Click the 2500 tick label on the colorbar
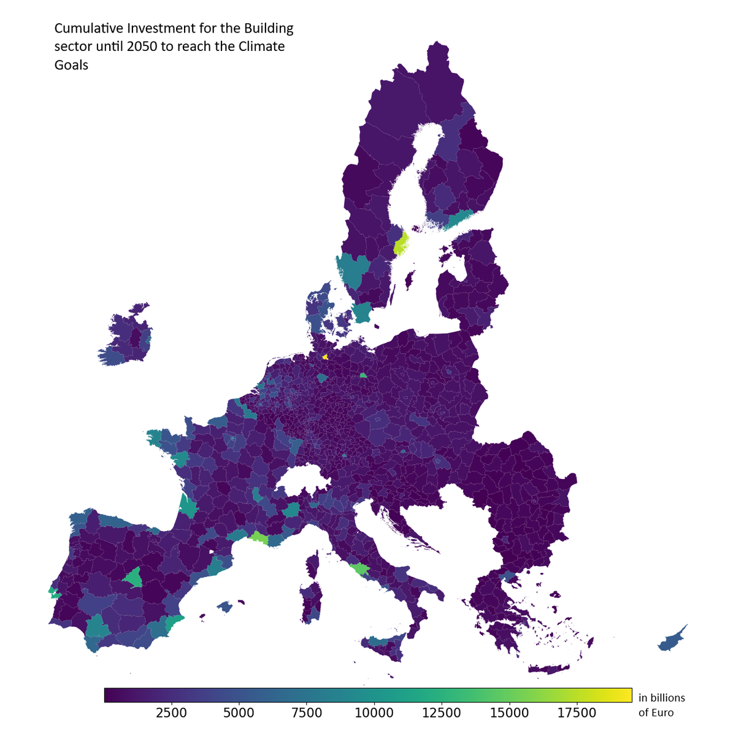click(172, 713)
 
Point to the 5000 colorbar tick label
click(239, 713)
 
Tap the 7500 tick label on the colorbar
click(307, 713)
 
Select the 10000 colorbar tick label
click(374, 713)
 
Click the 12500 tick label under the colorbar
click(442, 713)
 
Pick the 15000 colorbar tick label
click(509, 713)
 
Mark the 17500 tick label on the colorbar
click(577, 713)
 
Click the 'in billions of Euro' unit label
click(661, 705)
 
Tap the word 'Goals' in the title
click(71, 65)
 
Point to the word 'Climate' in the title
click(260, 47)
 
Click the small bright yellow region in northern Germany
click(325, 356)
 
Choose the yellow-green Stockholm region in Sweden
click(401, 244)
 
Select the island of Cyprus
click(672, 640)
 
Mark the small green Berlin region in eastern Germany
click(364, 375)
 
